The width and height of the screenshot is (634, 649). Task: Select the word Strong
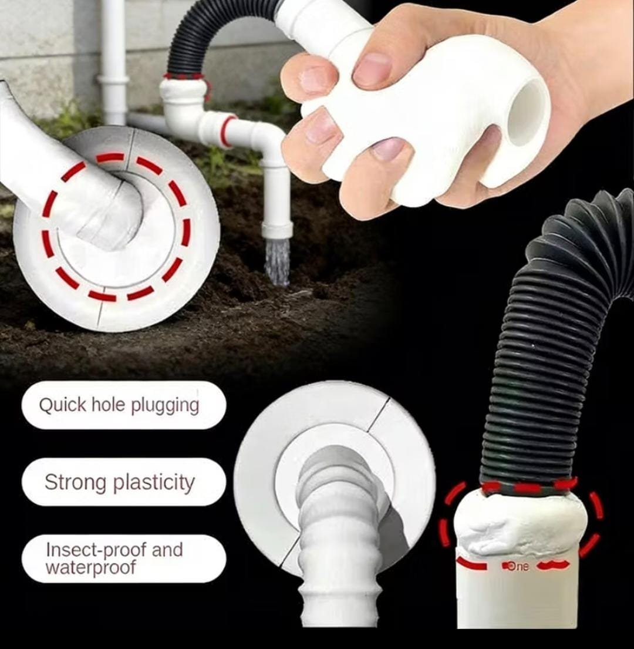point(75,483)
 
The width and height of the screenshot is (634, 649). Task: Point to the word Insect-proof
point(96,550)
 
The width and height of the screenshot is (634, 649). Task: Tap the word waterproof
point(90,567)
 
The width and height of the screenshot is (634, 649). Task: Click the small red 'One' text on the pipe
point(515,566)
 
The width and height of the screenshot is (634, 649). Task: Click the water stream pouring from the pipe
point(276,261)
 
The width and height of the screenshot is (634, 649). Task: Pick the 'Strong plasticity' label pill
point(124,482)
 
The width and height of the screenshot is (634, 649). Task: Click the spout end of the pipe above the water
point(277,230)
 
